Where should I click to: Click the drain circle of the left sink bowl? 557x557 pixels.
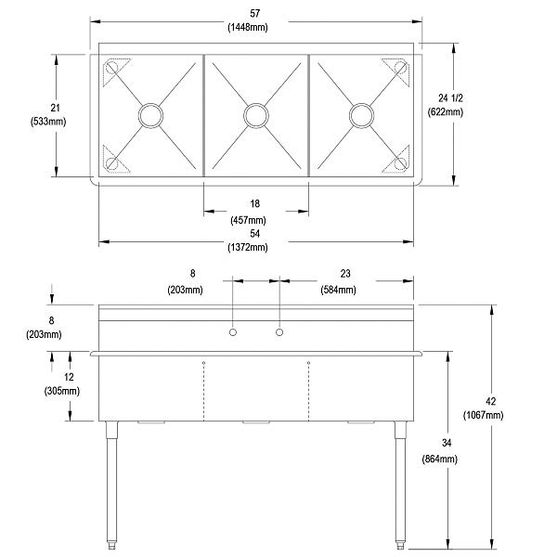tap(149, 115)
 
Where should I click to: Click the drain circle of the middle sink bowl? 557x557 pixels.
tap(255, 115)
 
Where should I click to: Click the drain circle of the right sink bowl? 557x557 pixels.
tap(361, 115)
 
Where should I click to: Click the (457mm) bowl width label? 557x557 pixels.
tap(255, 220)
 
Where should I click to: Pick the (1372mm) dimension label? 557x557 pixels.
tap(255, 247)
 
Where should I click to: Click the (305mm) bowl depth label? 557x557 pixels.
tap(60, 391)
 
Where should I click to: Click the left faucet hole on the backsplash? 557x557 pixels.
tap(233, 332)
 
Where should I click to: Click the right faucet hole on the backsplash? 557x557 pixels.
tap(278, 332)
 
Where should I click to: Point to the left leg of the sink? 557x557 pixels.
tap(112, 483)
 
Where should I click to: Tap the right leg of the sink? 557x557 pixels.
tap(400, 483)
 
